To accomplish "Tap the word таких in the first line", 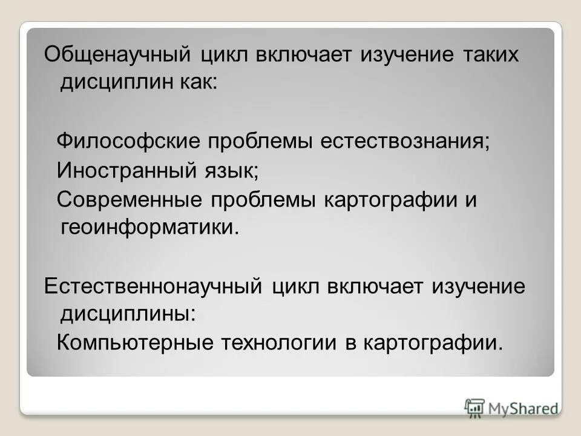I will click(x=492, y=54).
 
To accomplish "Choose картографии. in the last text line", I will click(x=433, y=343).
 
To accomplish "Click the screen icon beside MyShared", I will click(x=475, y=407).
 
